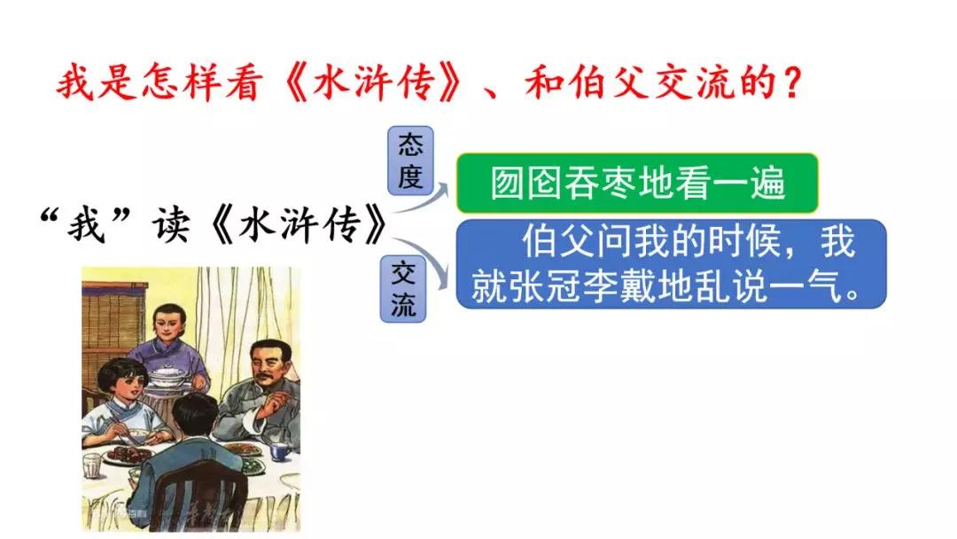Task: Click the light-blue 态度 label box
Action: pos(411,160)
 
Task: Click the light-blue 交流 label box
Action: pos(403,289)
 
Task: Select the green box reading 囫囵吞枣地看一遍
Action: pos(637,184)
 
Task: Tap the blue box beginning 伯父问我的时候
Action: pos(672,263)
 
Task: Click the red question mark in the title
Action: pos(792,83)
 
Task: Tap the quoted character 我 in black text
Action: pos(86,226)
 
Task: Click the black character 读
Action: pos(170,226)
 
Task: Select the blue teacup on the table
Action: pos(280,451)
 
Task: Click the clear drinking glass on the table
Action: pos(92,465)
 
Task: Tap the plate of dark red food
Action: pos(128,454)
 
